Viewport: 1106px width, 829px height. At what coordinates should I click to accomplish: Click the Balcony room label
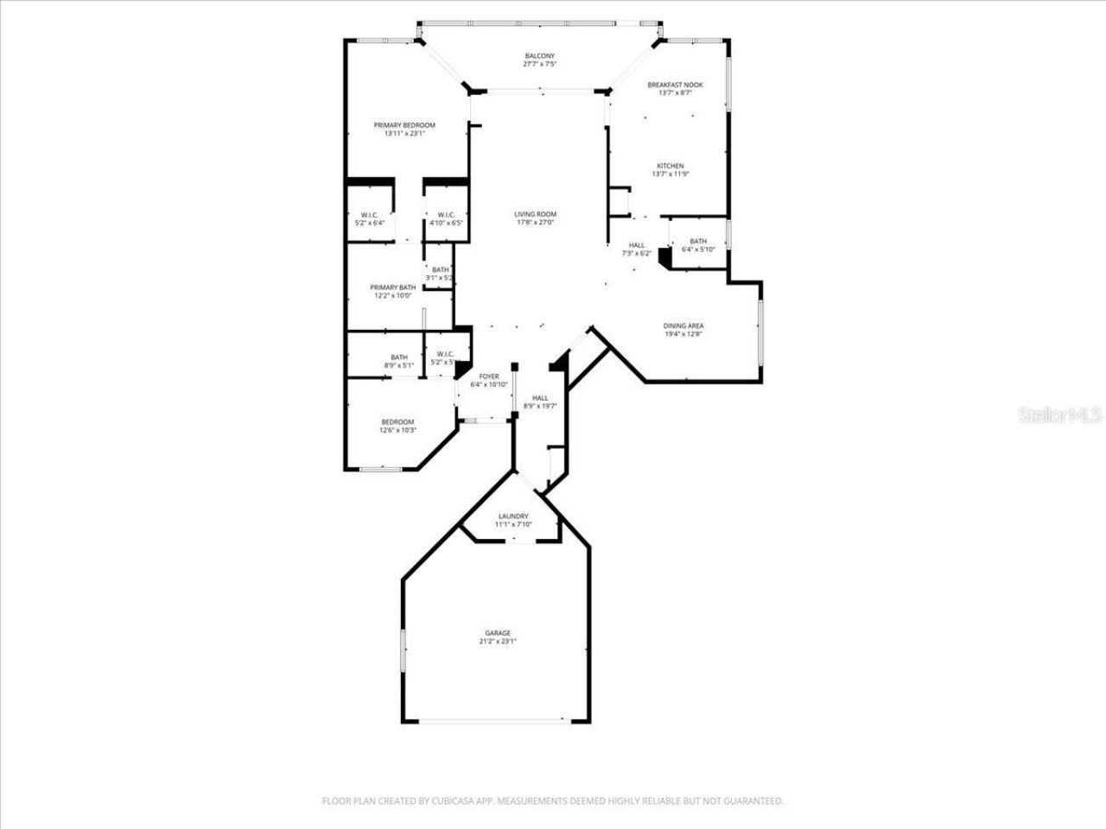click(x=539, y=56)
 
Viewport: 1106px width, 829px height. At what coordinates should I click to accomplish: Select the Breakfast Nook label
click(x=675, y=85)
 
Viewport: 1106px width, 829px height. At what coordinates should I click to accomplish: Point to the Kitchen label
click(x=670, y=166)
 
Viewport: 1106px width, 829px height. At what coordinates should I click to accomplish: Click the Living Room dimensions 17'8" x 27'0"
click(x=535, y=223)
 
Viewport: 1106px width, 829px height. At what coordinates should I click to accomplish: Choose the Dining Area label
click(x=683, y=326)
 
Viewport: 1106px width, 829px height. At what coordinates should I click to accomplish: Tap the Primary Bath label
click(x=392, y=288)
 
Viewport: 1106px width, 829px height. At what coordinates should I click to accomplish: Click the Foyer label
click(x=489, y=377)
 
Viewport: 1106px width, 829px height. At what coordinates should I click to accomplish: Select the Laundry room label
click(x=512, y=516)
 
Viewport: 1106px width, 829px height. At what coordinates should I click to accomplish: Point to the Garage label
click(x=497, y=633)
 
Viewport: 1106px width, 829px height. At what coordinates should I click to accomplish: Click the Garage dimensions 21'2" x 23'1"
click(x=497, y=642)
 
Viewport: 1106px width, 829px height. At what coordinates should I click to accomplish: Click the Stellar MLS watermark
click(x=1060, y=415)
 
